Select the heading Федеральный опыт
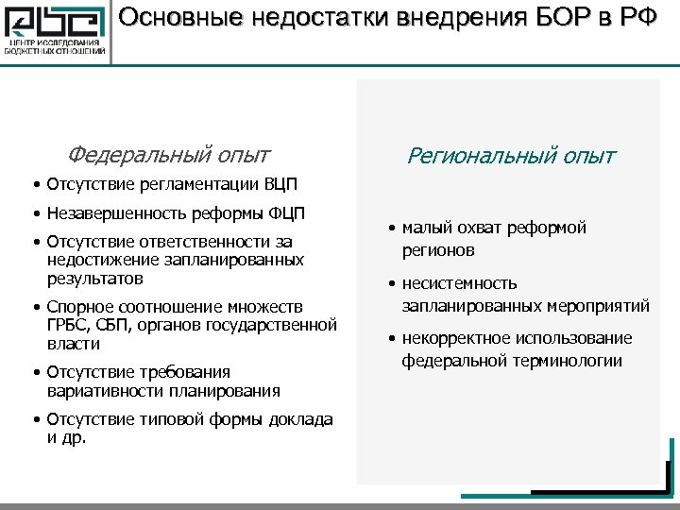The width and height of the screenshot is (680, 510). (x=168, y=154)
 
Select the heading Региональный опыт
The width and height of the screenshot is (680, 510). (x=511, y=155)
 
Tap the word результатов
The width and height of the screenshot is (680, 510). (x=95, y=280)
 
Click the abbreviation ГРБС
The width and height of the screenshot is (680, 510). (x=65, y=326)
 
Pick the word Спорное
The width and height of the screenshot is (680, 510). (x=78, y=307)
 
